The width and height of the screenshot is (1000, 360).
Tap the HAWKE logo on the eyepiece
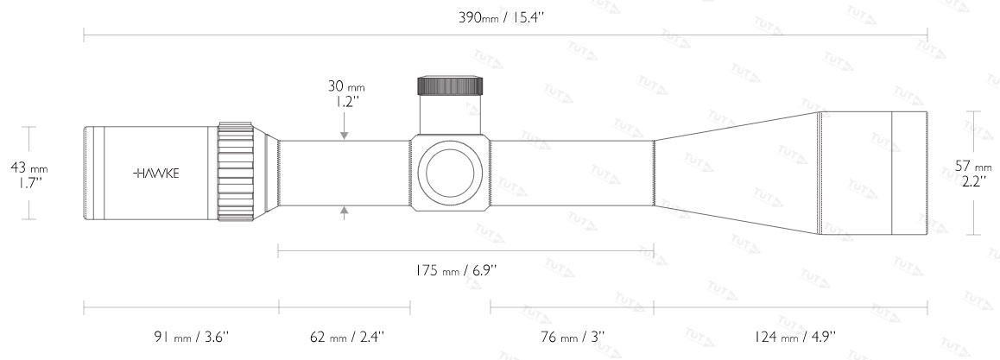pyautogui.click(x=155, y=174)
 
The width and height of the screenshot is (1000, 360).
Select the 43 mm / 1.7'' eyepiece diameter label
pyautogui.click(x=29, y=174)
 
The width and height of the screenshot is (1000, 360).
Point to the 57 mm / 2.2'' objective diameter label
pyautogui.click(x=973, y=174)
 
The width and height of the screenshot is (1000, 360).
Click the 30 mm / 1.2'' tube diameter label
pyautogui.click(x=346, y=93)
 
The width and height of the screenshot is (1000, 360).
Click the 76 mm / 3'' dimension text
pyautogui.click(x=573, y=336)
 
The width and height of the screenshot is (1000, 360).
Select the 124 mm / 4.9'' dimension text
pyautogui.click(x=794, y=336)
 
